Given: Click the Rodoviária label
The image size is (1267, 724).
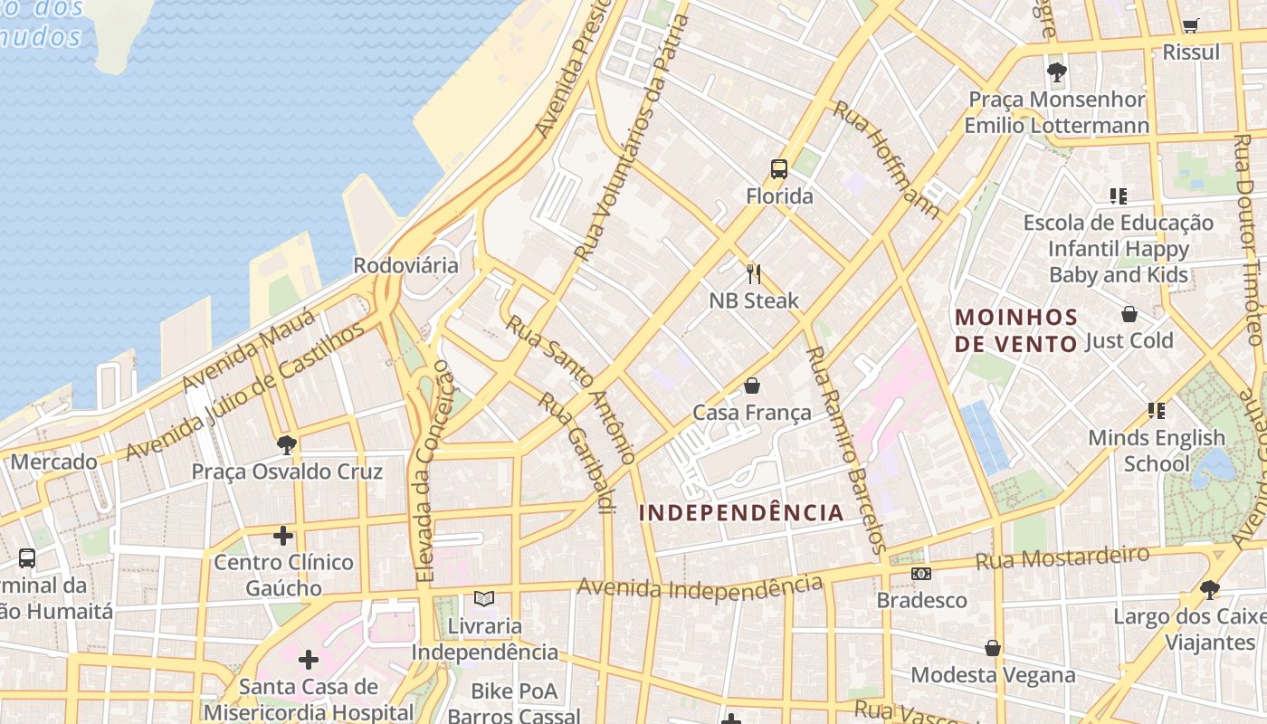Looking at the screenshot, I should pos(405,266).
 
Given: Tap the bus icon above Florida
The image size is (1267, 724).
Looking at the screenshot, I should pos(778,168).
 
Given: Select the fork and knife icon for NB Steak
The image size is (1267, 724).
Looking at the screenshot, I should pos(753,272).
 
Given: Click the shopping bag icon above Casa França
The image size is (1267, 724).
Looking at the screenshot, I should pos(751,386).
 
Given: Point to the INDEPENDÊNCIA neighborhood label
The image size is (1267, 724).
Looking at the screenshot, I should pos(741,513).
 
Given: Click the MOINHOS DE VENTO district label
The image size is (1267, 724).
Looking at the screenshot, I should pos(1016,330).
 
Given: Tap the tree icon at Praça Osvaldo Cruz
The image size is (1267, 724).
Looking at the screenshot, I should pos(287,444).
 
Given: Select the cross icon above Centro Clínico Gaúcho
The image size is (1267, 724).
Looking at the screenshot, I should pos(283,536).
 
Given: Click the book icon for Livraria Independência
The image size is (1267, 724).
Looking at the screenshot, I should pos(484,598).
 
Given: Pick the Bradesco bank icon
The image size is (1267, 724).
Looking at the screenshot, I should pos(920,574).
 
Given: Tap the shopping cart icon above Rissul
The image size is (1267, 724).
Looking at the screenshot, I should pos(1190,25).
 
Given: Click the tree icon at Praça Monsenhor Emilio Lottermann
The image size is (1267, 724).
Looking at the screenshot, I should pos(1056,72).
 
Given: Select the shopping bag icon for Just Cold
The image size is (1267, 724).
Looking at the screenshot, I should pos(1129,314).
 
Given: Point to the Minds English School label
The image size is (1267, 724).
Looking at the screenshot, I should pos(1156,451).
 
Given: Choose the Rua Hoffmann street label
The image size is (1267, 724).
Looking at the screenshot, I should pos(887,159).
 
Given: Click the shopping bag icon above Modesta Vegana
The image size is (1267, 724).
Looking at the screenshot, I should pos(993,648).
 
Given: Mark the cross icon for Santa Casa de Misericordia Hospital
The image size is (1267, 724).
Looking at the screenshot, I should pos(309,659).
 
